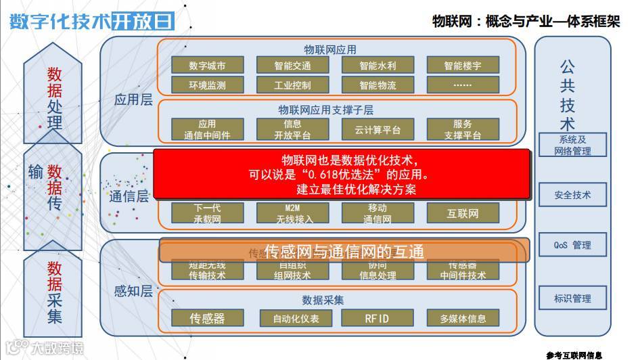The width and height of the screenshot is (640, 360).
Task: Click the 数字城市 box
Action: [207, 66]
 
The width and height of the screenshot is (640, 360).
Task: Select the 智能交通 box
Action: [292, 66]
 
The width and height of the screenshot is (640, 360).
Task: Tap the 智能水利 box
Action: [378, 66]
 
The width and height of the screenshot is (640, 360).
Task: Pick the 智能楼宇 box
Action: [463, 66]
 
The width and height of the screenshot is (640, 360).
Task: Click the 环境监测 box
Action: [207, 85]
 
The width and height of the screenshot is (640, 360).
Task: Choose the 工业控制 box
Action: [292, 85]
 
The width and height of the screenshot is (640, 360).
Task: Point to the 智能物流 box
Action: [378, 85]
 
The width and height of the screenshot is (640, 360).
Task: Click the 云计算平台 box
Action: [378, 129]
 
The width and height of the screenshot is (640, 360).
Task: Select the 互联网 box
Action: [463, 214]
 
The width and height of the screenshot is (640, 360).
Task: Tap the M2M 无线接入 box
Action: [292, 214]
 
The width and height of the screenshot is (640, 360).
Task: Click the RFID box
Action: [378, 318]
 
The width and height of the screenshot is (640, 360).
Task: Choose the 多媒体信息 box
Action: [463, 318]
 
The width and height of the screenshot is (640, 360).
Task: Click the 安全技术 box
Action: [572, 195]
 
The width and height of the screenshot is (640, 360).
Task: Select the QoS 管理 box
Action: [572, 245]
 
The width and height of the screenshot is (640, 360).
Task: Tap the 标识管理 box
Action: [572, 298]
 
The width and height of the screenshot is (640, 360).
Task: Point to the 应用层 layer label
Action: [133, 100]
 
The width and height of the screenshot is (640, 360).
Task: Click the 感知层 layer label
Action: [133, 292]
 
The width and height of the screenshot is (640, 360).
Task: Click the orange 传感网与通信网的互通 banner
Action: [344, 250]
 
